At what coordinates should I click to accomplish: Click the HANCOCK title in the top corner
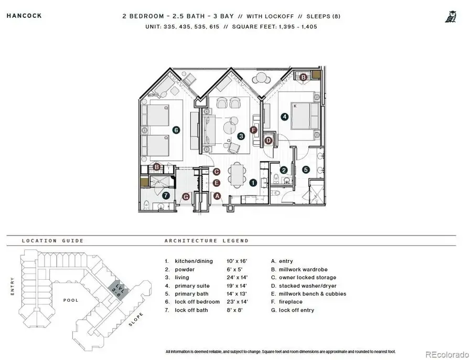coord(24,16)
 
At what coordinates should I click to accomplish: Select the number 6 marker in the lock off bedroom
coord(176,130)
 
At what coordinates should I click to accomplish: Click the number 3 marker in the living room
coord(241,136)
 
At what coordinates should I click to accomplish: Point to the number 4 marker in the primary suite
coord(284,117)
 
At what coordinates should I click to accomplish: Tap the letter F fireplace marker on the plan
coord(254,130)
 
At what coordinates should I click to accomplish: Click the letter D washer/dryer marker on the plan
coord(269,140)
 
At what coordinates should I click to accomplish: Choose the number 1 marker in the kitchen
coord(253,183)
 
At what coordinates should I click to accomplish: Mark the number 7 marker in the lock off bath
coord(166,195)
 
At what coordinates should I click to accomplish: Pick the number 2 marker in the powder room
coord(283,170)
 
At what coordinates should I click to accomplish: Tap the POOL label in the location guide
coord(71,300)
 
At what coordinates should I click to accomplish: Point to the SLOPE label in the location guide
coord(136,320)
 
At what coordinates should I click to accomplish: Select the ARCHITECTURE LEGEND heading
coord(207,241)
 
